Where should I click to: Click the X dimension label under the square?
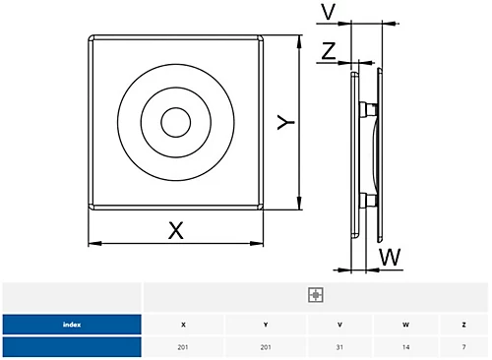coord(176,230)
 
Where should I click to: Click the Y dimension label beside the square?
coord(285,122)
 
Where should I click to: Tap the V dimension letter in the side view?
coord(329,12)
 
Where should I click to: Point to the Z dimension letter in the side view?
coord(329,51)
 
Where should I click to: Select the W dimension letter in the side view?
coord(391,257)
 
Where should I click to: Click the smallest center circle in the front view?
coord(176,122)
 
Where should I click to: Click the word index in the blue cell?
coord(72,325)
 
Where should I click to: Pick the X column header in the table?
coord(183,325)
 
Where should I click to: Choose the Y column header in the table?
coord(266,325)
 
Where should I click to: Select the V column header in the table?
coord(339,325)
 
